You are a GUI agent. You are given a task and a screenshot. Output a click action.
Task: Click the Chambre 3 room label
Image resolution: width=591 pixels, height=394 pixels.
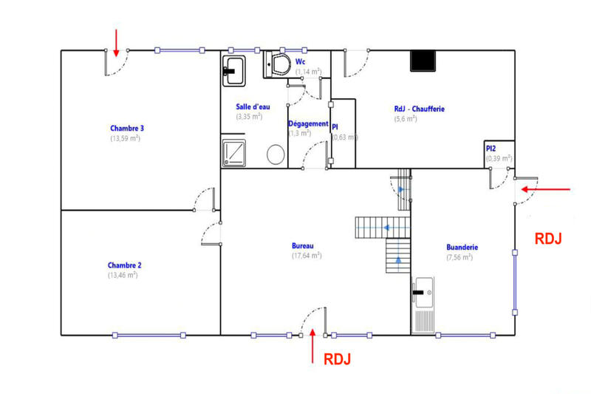(126, 127)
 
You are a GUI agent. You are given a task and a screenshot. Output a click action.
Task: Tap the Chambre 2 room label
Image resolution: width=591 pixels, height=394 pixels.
(124, 265)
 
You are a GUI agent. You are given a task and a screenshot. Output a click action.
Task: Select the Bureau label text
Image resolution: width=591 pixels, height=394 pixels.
(303, 245)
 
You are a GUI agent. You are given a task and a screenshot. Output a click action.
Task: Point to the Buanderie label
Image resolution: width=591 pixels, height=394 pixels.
(462, 248)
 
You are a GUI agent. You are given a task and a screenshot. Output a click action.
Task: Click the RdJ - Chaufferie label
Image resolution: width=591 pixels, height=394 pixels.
(419, 109)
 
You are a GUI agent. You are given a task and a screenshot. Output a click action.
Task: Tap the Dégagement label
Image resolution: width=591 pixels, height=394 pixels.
(307, 123)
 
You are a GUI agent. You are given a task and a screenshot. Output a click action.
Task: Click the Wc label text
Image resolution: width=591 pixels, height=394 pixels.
(301, 61)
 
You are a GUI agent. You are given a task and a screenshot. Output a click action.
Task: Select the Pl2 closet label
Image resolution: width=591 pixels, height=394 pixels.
(491, 148)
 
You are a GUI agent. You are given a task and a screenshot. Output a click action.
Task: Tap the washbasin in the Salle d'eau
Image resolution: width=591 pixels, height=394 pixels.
(234, 69)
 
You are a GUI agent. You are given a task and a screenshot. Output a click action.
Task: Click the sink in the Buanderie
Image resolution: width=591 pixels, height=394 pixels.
(423, 293)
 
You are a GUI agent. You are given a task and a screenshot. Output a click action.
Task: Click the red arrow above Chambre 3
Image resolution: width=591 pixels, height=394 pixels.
(116, 38)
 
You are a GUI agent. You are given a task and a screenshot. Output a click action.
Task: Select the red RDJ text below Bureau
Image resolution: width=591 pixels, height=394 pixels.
(337, 359)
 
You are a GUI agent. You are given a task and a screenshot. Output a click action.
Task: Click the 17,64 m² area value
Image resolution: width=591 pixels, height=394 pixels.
(306, 256)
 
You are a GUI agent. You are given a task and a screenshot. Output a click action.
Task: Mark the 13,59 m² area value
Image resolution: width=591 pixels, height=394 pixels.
(126, 137)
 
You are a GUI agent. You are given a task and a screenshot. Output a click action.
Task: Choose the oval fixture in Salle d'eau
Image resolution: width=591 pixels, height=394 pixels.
(276, 154)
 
